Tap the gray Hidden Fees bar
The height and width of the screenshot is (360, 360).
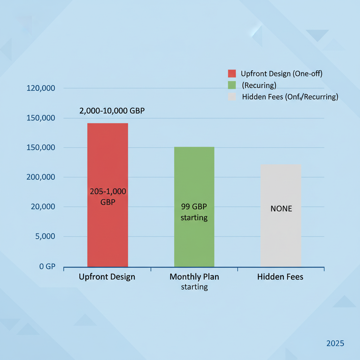281,239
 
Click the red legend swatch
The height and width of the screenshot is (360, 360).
232,73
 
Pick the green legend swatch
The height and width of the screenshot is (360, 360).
232,85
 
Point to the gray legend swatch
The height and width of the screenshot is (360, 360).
232,97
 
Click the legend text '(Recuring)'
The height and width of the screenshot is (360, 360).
259,85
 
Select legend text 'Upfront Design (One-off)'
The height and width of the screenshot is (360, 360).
282,73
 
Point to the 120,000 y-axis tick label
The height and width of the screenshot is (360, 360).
41,88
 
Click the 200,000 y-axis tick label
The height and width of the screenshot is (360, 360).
41,177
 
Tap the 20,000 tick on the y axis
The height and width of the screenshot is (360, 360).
43,207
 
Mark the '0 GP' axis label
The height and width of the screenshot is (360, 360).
47,266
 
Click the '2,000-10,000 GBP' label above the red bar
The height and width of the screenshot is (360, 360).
112,111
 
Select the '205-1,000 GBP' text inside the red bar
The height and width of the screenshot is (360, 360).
108,197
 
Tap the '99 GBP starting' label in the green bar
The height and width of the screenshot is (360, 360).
194,212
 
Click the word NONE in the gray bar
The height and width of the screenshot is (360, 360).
281,209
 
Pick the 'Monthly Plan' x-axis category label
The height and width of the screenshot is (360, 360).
194,277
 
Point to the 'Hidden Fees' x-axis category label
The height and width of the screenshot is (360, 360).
280,277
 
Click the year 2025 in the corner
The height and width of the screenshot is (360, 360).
335,343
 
